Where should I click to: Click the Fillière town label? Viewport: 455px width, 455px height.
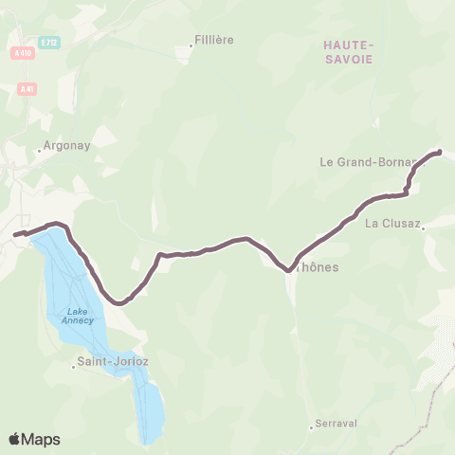214,40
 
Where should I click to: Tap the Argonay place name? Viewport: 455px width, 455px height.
65,148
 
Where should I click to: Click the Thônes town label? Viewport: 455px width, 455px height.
318,267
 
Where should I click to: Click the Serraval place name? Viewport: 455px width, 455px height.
338,424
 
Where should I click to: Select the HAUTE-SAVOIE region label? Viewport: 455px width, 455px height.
349,52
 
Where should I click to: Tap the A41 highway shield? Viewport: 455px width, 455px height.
26,88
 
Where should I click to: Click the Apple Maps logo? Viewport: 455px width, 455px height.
34,439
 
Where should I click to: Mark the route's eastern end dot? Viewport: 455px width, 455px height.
439,152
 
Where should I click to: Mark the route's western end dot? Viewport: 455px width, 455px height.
16,234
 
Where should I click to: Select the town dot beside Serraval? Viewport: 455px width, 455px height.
312,428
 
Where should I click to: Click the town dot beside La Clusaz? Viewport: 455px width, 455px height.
424,227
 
